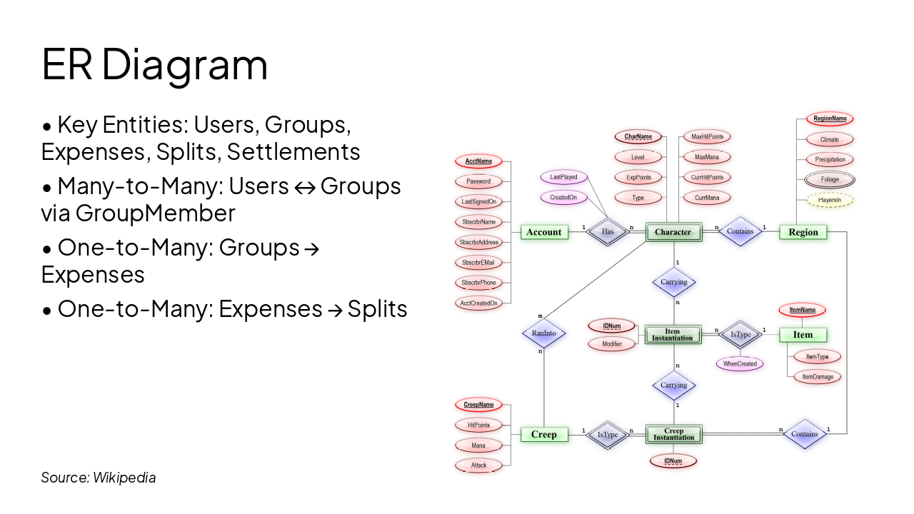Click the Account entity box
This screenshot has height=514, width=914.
pos(544,232)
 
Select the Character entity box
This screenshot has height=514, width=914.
pos(673,232)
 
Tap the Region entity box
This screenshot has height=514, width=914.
pos(803,232)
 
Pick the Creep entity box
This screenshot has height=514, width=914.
pos(544,434)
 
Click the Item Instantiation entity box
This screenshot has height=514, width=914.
pos(673,334)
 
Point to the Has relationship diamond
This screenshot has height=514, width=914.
pos(608,232)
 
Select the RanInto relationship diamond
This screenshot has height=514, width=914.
pos(544,333)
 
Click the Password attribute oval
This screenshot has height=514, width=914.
pos(478,181)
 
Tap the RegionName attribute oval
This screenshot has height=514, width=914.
pos(830,119)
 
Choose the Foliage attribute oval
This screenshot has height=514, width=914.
pos(830,180)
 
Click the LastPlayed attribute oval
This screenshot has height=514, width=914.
pos(564,177)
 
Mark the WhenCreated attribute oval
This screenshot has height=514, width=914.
pos(740,364)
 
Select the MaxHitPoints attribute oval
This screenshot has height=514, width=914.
pos(707,136)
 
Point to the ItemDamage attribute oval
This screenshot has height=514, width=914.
pos(818,377)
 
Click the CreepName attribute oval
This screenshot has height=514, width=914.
pos(478,405)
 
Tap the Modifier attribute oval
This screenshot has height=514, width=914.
pos(612,344)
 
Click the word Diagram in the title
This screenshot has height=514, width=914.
pos(185,64)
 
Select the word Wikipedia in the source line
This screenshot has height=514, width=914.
pos(124,478)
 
